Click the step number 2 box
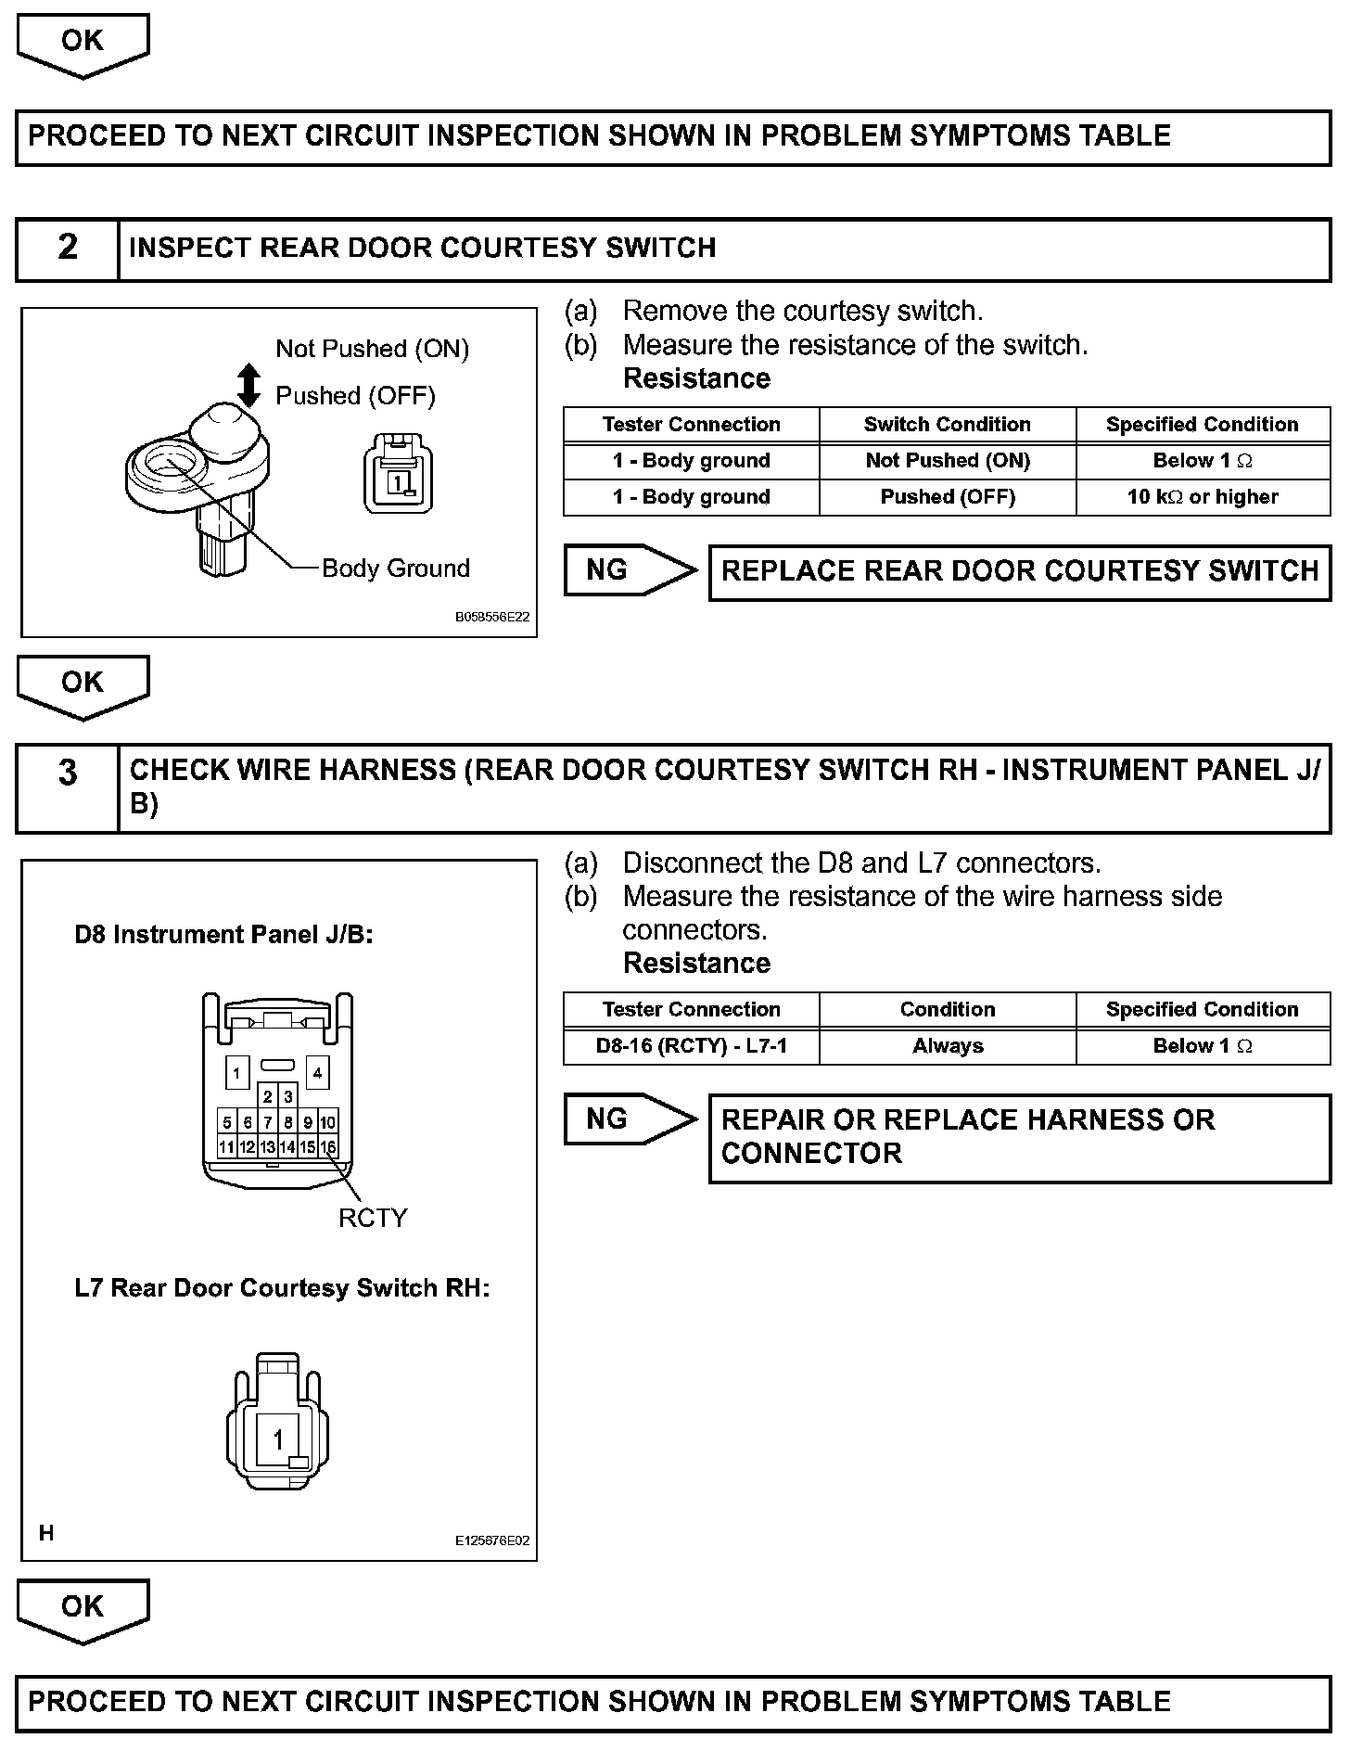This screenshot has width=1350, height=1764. [68, 249]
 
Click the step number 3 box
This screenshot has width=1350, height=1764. [68, 787]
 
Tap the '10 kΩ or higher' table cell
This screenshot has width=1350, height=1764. [1203, 497]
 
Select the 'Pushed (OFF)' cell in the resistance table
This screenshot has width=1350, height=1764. [947, 497]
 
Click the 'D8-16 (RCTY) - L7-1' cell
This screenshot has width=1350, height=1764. [691, 1046]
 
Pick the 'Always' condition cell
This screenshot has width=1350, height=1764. [947, 1046]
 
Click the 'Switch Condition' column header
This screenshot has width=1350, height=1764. [947, 425]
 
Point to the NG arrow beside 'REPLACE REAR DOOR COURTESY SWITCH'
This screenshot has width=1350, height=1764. [630, 570]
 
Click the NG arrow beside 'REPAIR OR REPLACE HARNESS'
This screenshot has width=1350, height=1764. [630, 1119]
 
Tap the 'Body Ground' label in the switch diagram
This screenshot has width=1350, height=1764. [396, 568]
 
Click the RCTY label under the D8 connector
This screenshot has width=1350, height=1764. [373, 1218]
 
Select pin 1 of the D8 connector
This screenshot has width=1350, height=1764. [236, 1074]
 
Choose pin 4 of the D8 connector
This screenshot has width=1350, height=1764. [317, 1074]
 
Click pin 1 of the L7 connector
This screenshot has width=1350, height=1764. [277, 1439]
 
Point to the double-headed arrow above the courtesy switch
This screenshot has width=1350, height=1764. [248, 385]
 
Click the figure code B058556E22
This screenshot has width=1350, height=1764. [492, 617]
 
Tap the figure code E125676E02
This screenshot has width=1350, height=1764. [492, 1540]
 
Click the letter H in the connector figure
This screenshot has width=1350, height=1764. [46, 1533]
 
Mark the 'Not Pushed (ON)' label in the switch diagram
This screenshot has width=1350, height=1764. [373, 349]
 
